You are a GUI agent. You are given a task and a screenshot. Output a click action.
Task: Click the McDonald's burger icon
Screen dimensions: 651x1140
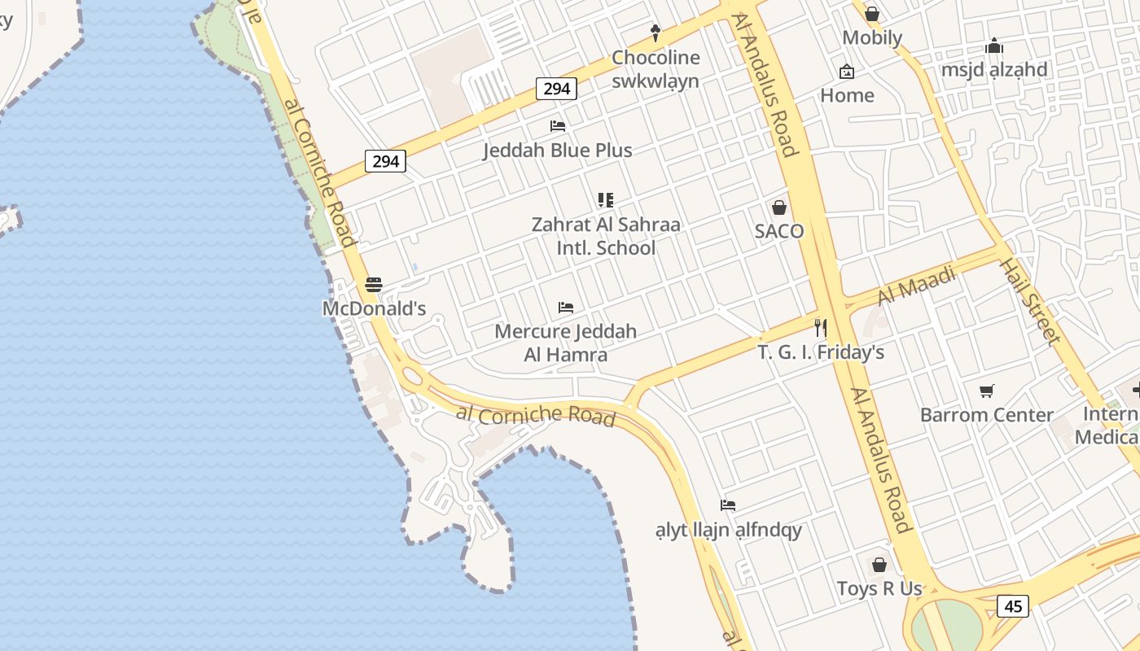coord(374,285)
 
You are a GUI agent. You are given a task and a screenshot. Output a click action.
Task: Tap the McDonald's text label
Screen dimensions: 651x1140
coord(375,309)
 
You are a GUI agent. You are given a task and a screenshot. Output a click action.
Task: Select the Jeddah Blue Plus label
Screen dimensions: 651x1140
coord(558,151)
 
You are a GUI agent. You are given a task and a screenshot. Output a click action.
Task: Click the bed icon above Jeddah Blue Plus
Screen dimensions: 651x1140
coord(558,126)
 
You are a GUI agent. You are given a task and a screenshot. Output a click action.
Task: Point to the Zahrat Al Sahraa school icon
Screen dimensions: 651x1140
coord(605,199)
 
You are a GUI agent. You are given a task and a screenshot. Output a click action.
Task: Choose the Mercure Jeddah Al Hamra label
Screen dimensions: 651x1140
coord(566,343)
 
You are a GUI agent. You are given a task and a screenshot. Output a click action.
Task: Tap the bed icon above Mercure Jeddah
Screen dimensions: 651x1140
coord(566,308)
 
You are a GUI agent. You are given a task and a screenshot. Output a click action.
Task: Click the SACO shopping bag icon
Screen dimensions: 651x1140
coord(779,208)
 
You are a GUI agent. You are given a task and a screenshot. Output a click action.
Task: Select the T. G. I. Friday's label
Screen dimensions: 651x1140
coord(821,353)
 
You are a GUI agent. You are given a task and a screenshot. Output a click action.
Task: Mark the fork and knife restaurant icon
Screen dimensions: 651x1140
coord(821,328)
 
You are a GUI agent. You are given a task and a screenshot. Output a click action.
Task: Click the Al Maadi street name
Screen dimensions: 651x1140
coord(917,286)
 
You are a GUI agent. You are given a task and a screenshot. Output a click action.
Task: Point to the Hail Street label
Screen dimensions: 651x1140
coord(1030,301)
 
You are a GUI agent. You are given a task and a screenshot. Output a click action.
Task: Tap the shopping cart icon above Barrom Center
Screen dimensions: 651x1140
coord(987,391)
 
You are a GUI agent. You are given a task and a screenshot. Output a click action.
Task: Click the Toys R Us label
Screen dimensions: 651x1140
coord(879,588)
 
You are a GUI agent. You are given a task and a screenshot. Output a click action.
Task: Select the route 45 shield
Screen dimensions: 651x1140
coord(1013,606)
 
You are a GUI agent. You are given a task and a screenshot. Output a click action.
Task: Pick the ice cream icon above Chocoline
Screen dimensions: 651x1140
coord(655,33)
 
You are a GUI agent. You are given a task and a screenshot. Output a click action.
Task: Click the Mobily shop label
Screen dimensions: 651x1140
coord(872,37)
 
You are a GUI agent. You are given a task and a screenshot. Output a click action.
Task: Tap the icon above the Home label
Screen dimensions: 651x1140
coord(847,72)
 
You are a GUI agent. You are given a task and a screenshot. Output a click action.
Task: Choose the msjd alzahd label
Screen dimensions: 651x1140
coord(994,70)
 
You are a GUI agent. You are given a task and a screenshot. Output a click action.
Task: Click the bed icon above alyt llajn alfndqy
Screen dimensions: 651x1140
coord(728,505)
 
